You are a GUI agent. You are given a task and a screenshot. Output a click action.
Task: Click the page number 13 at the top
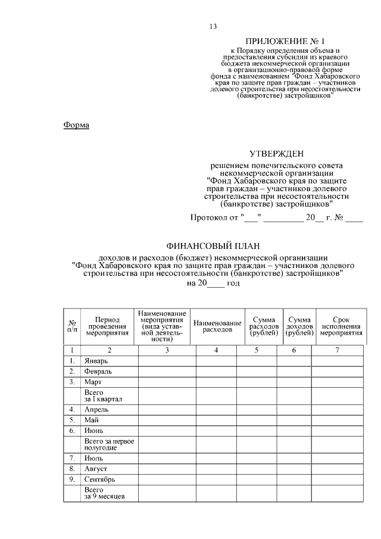coord(213,26)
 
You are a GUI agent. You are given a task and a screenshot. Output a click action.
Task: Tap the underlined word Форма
coord(76,125)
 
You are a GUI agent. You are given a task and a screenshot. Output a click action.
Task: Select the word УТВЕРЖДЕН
coord(276,154)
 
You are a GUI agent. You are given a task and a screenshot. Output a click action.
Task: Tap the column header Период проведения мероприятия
coord(107,326)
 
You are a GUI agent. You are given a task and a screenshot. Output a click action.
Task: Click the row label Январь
coord(95,361)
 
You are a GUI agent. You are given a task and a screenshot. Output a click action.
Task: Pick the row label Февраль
coord(98,372)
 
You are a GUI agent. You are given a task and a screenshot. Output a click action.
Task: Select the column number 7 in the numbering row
coord(337,350)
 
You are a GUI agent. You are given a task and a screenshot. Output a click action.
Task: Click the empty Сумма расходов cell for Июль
coord(256,459)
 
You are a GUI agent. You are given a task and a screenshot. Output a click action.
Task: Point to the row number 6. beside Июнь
coord(71,430)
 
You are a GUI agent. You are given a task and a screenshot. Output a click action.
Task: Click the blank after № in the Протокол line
coord(354,217)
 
